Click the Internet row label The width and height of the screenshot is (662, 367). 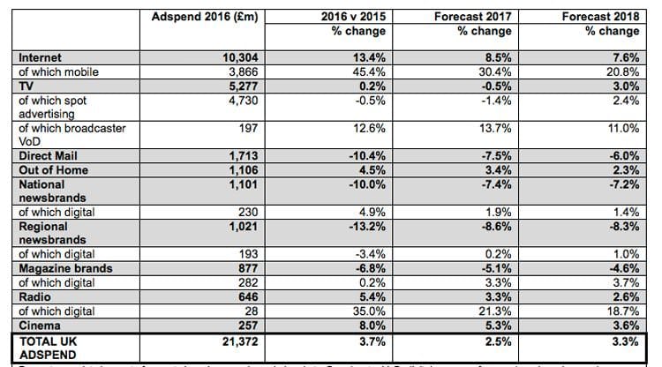41,57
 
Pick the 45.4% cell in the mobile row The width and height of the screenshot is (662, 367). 365,71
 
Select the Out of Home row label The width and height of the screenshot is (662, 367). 55,170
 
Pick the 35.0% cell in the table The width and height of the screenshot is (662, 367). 365,311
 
